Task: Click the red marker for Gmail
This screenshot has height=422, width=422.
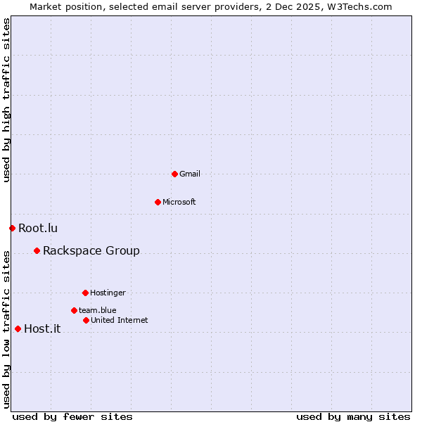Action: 174,174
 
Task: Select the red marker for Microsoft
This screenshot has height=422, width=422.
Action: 158,202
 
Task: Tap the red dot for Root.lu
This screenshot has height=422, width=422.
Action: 12,228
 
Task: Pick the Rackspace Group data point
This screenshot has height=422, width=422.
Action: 37,250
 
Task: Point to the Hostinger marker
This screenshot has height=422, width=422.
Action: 85,293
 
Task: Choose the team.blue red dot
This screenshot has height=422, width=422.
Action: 74,310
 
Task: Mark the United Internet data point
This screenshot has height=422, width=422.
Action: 86,320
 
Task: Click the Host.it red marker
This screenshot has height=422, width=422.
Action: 18,328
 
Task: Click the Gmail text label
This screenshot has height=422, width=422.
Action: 190,174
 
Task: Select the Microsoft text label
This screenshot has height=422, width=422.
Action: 179,202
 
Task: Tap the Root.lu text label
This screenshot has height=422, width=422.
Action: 38,228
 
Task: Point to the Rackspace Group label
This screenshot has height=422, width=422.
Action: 91,250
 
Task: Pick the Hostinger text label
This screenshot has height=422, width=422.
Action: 108,293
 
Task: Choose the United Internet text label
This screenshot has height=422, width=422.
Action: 120,320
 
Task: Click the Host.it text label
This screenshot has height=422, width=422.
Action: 42,328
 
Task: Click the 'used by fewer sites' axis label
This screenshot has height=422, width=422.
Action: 72,416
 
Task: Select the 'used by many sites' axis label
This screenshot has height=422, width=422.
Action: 353,416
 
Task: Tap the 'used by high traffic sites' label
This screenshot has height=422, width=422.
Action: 6,100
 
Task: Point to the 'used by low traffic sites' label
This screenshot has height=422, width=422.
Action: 6,328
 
